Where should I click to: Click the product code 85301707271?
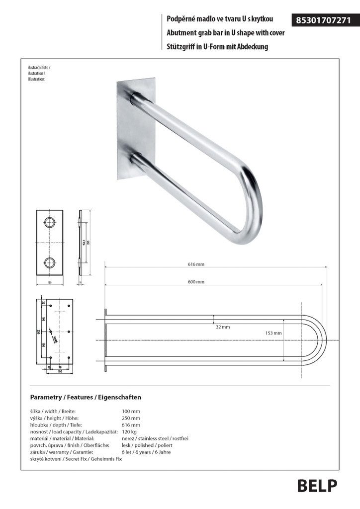pyautogui.click(x=323, y=20)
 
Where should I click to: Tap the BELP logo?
pyautogui.click(x=317, y=486)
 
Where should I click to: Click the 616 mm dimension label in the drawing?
pyautogui.click(x=196, y=264)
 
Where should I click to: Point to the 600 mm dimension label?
pyautogui.click(x=196, y=282)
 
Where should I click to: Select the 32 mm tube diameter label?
pyautogui.click(x=223, y=327)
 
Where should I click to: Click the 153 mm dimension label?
pyautogui.click(x=273, y=333)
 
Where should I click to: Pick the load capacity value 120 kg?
pyautogui.click(x=129, y=432)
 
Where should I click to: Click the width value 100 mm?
pyautogui.click(x=131, y=411)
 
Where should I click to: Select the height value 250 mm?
pyautogui.click(x=131, y=418)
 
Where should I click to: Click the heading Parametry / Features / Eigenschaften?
pyautogui.click(x=86, y=397)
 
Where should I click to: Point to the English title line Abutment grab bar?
pyautogui.click(x=225, y=34)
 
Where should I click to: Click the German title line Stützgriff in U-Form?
pyautogui.click(x=218, y=47)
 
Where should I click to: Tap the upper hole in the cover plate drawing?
pyautogui.click(x=49, y=222)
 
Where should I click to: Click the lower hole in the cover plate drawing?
pyautogui.click(x=49, y=262)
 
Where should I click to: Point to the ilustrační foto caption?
pyautogui.click(x=38, y=67)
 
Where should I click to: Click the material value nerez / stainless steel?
pyautogui.click(x=155, y=439)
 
